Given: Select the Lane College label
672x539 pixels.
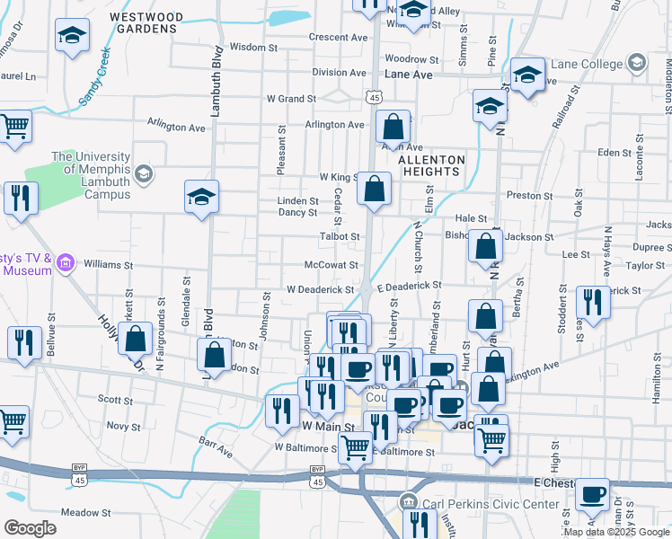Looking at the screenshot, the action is (x=589, y=64).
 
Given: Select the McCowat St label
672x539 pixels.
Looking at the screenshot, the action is (x=332, y=265).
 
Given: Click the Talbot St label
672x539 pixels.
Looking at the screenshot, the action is (x=340, y=236).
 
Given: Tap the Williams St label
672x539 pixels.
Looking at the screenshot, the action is (x=108, y=265).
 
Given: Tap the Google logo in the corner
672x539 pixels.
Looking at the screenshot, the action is (x=30, y=528).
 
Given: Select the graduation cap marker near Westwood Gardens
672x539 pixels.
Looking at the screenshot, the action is (x=72, y=37).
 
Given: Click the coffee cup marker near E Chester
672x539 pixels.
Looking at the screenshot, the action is (x=592, y=494).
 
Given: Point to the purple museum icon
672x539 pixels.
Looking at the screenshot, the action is (x=65, y=263).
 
